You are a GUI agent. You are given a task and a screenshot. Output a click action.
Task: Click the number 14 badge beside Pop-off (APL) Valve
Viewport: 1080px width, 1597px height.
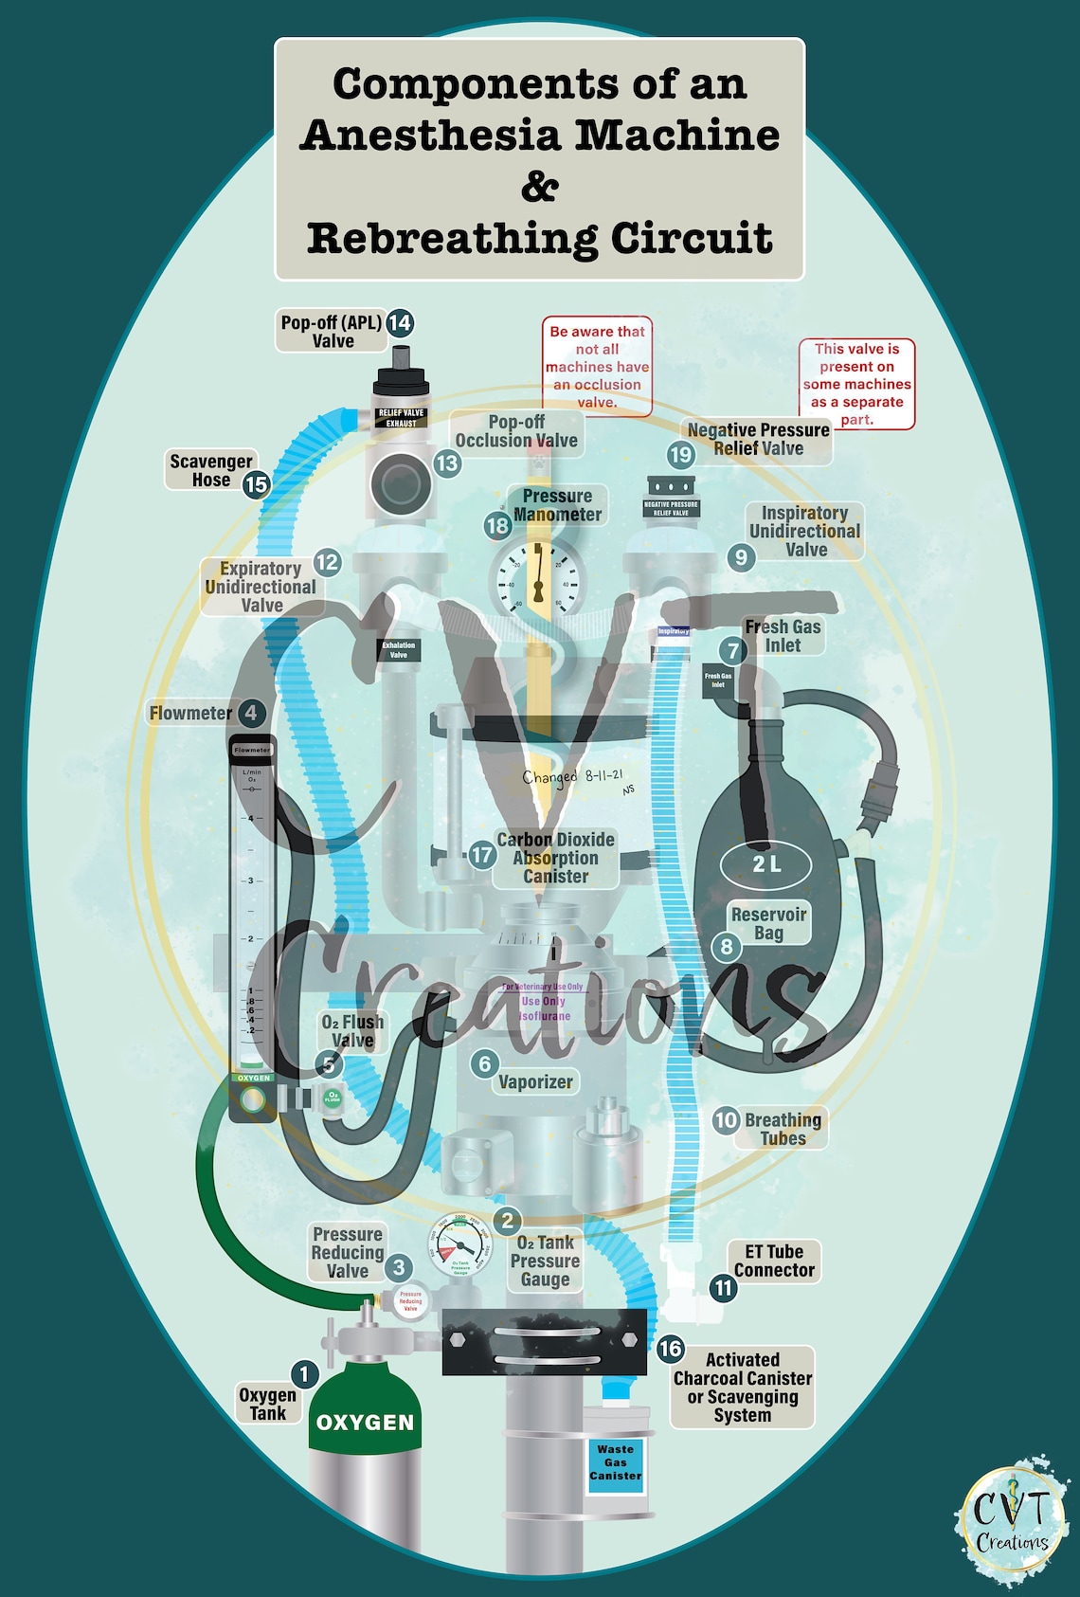pos(400,322)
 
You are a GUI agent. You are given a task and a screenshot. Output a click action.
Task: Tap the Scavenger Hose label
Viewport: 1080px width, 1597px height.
pos(210,470)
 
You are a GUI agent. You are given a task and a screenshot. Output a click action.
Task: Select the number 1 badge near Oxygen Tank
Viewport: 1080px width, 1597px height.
pos(304,1373)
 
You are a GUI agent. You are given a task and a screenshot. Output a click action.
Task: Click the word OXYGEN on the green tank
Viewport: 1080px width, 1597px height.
pos(366,1423)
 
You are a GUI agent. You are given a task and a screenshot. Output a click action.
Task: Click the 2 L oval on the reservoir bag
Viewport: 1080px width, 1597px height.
pos(766,863)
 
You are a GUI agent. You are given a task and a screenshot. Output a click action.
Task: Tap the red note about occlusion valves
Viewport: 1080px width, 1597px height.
pos(597,367)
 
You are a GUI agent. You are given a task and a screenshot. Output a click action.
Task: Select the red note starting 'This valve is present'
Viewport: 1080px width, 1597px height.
pos(856,384)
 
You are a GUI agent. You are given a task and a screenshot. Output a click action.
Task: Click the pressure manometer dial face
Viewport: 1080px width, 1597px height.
pos(537,580)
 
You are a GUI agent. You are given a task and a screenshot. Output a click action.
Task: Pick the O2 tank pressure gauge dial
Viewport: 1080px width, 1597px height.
pos(460,1247)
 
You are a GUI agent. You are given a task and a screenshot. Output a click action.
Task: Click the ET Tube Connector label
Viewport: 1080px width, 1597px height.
pos(774,1261)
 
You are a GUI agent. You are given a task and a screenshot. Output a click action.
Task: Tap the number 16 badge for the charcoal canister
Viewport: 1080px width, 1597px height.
pos(671,1349)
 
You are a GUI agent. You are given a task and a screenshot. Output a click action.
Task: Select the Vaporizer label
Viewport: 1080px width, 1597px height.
pos(535,1081)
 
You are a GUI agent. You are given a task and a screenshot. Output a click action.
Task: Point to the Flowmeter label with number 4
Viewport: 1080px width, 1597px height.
pos(191,713)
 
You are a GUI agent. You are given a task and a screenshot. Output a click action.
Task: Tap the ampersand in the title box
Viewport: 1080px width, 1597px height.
pos(539,186)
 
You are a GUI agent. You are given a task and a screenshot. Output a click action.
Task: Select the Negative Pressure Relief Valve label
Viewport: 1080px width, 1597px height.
pos(758,440)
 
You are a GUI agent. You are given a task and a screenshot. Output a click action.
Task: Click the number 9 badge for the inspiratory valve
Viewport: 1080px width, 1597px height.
pos(741,557)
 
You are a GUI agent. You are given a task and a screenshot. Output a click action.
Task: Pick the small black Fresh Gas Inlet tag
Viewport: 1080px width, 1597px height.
pos(717,681)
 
